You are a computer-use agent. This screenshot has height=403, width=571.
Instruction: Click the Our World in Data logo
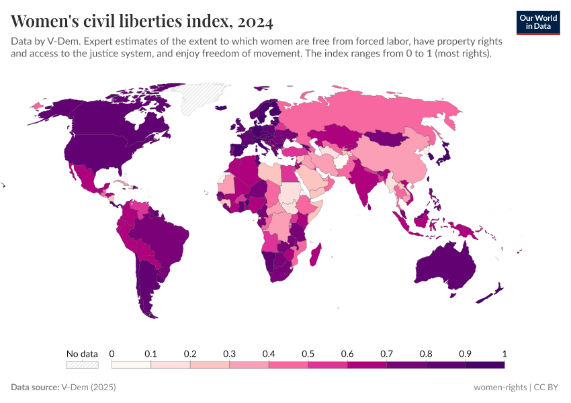(x=537, y=21)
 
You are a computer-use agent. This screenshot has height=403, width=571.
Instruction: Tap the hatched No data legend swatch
(x=82, y=365)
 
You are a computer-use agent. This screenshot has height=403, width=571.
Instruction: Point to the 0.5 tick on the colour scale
(x=308, y=353)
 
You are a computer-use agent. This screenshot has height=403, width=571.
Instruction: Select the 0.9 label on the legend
(x=465, y=353)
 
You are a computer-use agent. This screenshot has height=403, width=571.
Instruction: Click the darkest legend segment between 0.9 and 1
(x=485, y=365)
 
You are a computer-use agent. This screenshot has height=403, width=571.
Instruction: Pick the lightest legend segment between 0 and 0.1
(x=131, y=365)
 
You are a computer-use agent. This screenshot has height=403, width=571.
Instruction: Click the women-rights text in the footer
(x=500, y=388)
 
